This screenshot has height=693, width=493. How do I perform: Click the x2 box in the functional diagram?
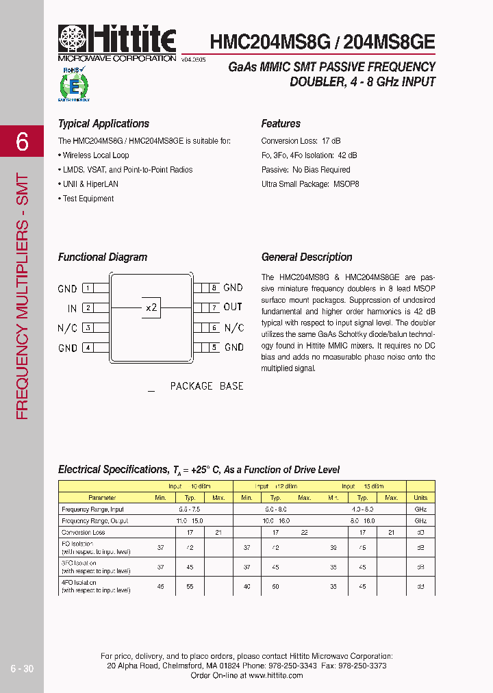tap(151, 307)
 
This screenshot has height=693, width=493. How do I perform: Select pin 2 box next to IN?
tap(88, 308)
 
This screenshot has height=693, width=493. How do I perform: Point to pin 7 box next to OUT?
tap(214, 307)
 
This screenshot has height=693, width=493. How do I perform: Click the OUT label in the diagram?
tap(233, 307)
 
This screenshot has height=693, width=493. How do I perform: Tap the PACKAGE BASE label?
tap(206, 386)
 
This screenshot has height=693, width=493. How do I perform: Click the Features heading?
tap(281, 124)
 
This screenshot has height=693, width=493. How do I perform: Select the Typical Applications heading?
tap(103, 124)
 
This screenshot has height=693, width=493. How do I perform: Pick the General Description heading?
tap(307, 257)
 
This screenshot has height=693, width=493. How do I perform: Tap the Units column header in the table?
tap(420, 498)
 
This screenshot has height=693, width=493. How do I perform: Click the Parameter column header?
tap(103, 498)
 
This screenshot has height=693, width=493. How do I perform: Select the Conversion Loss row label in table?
tap(84, 532)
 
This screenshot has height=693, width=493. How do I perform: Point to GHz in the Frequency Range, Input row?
tap(420, 509)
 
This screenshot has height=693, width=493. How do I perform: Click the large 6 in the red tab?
tap(23, 142)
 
